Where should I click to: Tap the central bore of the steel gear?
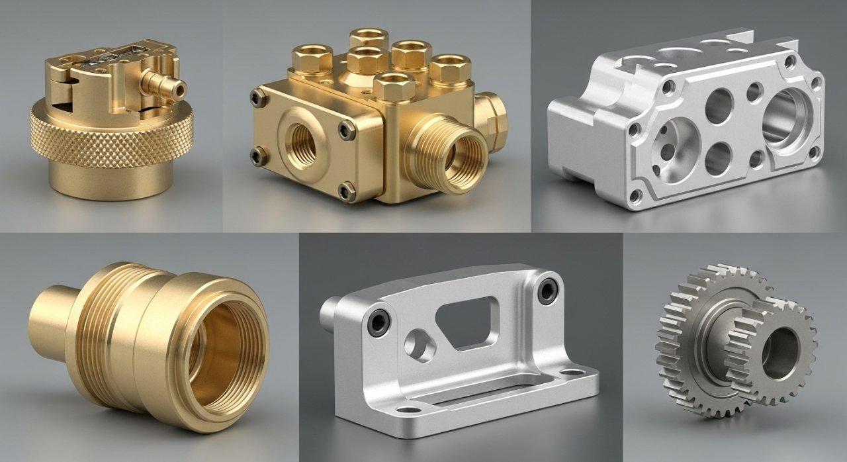780,345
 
